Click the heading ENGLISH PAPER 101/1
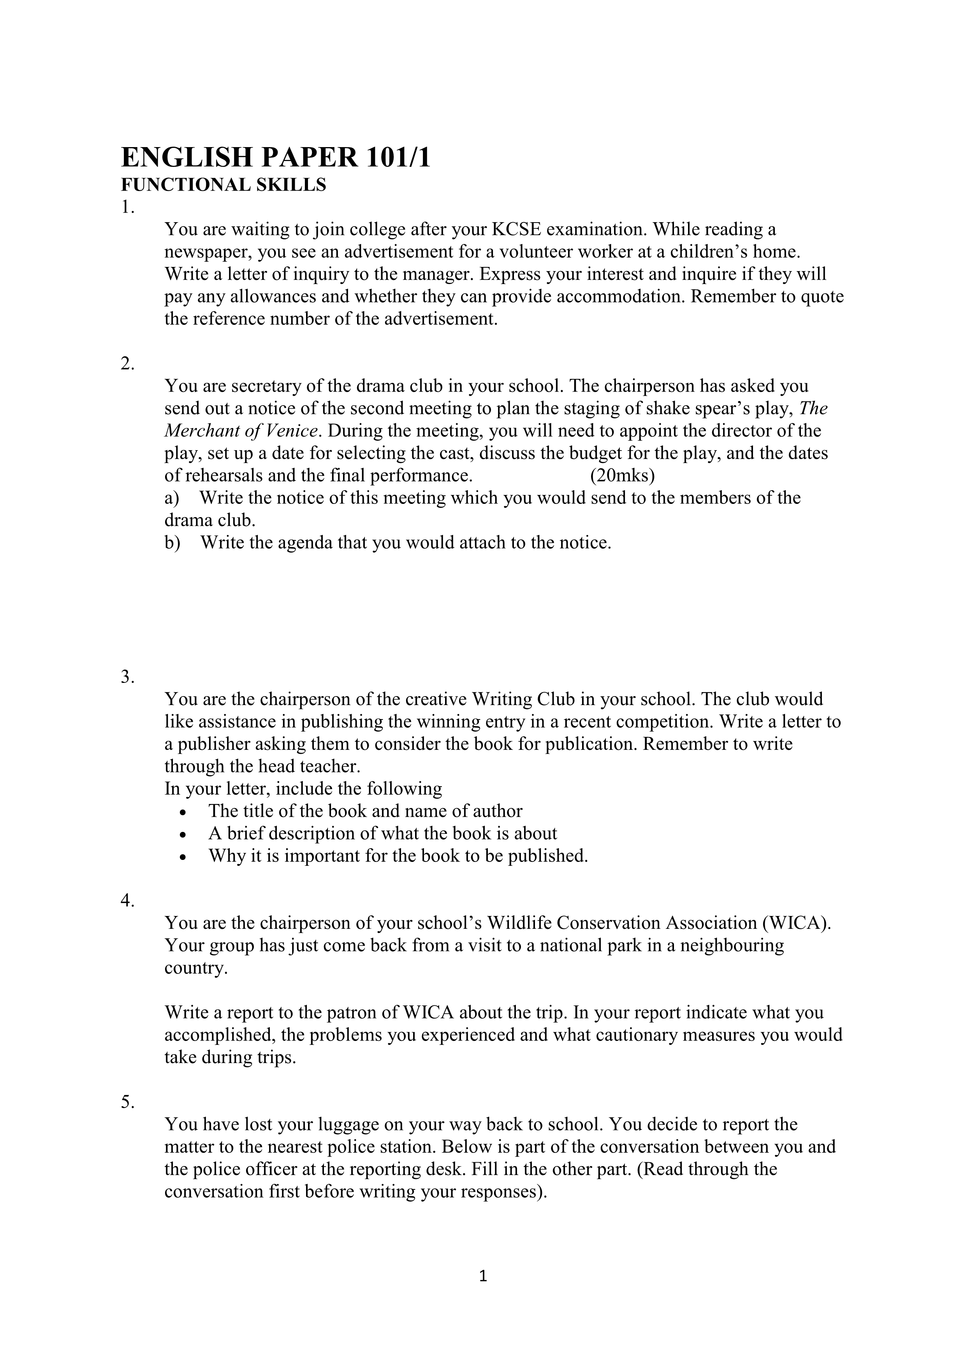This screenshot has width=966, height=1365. point(275,158)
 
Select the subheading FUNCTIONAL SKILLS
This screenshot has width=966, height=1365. point(223,186)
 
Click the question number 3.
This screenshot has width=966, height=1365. point(127,677)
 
